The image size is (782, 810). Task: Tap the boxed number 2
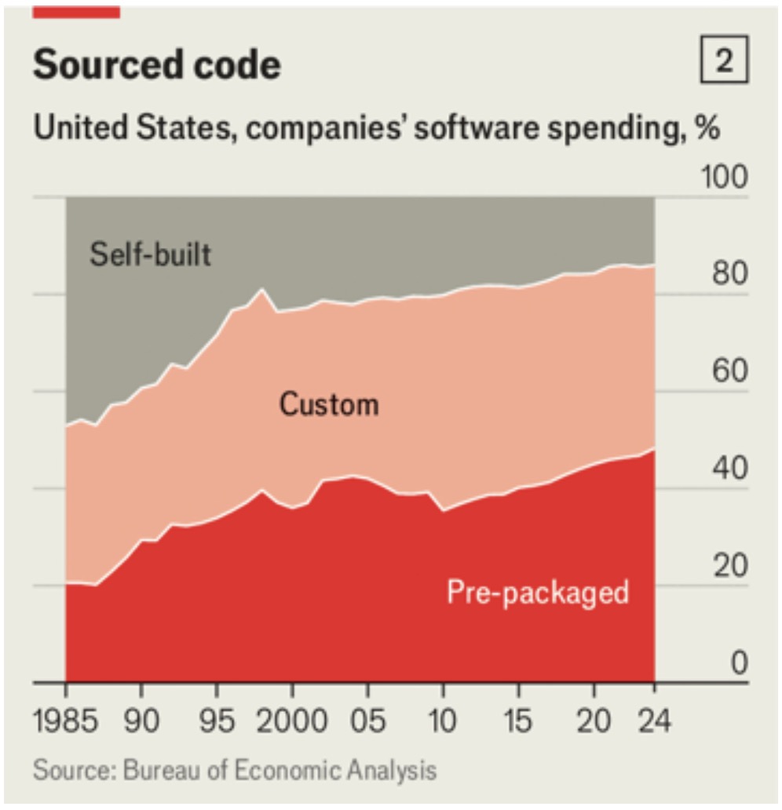coord(724,63)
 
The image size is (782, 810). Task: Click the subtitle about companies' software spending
coord(376,128)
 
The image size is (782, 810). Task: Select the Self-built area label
coord(150,254)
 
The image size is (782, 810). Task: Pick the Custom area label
coord(329,404)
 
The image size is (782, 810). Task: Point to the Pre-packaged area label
coord(538,591)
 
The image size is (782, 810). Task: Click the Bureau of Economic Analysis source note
coord(235,769)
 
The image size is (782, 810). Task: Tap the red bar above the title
coord(76,10)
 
